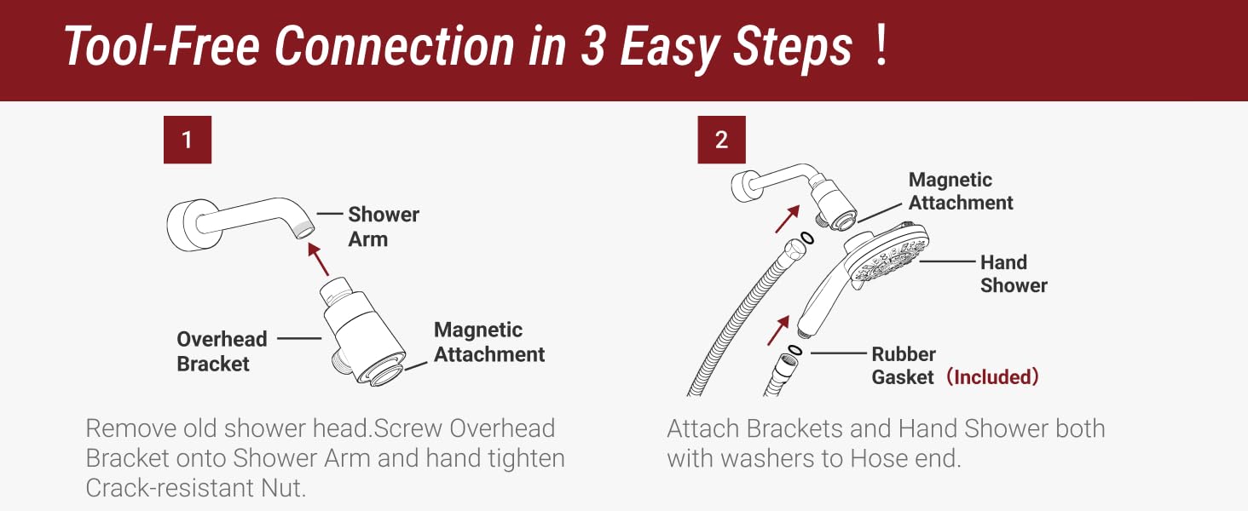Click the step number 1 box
[187, 140]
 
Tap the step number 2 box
[721, 140]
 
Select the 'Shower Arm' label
[383, 227]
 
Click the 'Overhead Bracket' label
[222, 351]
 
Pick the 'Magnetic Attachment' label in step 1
[488, 342]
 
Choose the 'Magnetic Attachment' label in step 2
[960, 191]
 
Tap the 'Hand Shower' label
[1013, 273]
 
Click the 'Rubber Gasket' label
[903, 365]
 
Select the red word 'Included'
[994, 377]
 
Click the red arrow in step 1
[319, 258]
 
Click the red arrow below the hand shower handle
[777, 330]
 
